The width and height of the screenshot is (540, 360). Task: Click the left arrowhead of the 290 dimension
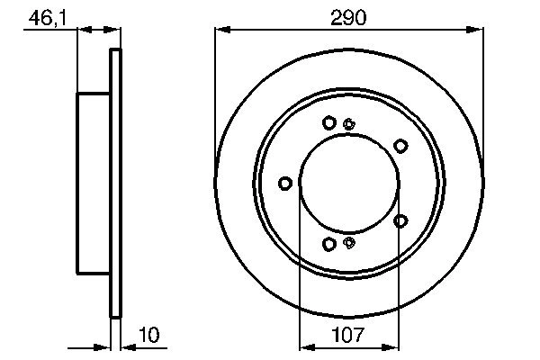[x=220, y=31]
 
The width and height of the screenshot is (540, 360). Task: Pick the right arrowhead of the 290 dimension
[x=478, y=31]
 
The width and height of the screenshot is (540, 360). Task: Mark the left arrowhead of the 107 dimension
[x=303, y=346]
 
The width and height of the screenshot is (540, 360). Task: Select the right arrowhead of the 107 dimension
[x=393, y=346]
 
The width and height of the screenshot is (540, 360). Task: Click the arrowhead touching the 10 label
[x=126, y=346]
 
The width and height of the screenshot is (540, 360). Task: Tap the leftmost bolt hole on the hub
[x=285, y=184]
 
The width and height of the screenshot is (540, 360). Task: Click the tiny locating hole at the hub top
[x=349, y=124]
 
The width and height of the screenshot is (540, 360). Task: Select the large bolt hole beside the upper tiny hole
[x=329, y=122]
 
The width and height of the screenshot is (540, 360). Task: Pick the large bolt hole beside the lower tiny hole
[x=329, y=244]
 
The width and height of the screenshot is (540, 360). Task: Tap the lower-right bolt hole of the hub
[x=400, y=220]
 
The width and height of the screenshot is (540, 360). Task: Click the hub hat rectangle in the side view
[x=93, y=183]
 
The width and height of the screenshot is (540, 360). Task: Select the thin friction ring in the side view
[x=114, y=183]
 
